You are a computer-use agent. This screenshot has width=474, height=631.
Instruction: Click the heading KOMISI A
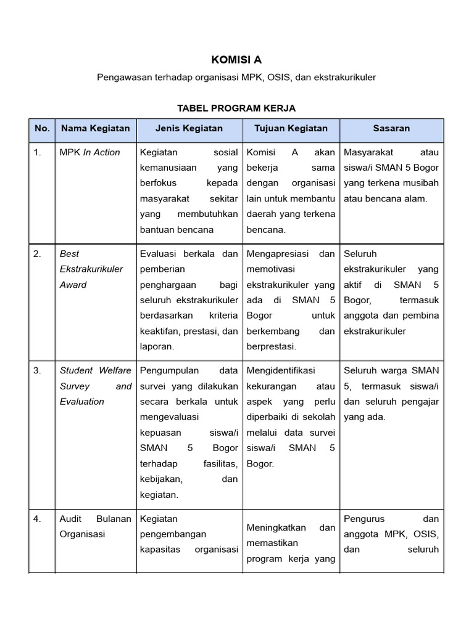click(x=236, y=60)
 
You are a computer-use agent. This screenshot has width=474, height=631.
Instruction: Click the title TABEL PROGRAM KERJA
click(x=236, y=108)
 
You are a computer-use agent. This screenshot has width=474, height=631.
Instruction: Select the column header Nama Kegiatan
click(x=94, y=129)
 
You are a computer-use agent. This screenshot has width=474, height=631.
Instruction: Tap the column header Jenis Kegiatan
click(x=189, y=129)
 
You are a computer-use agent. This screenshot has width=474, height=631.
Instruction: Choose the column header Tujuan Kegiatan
click(x=291, y=129)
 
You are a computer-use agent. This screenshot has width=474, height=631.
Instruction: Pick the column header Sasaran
click(x=391, y=129)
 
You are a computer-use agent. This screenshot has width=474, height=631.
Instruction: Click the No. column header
click(x=42, y=129)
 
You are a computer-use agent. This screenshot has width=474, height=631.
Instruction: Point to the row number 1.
click(x=38, y=152)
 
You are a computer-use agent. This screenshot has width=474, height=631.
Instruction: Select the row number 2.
click(x=38, y=253)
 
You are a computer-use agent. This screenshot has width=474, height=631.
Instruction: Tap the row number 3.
click(x=38, y=370)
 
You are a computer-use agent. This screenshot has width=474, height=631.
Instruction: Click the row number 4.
click(x=38, y=519)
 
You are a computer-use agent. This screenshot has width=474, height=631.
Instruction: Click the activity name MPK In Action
click(x=89, y=152)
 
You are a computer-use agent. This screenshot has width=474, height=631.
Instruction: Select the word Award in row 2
click(x=73, y=285)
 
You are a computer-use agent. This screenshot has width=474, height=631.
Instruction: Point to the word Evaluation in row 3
click(x=81, y=402)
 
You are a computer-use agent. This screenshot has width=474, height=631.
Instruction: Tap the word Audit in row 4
click(x=70, y=519)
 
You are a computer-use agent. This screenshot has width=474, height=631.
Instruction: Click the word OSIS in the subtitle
click(x=280, y=78)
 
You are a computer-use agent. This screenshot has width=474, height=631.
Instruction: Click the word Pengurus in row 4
click(x=363, y=519)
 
